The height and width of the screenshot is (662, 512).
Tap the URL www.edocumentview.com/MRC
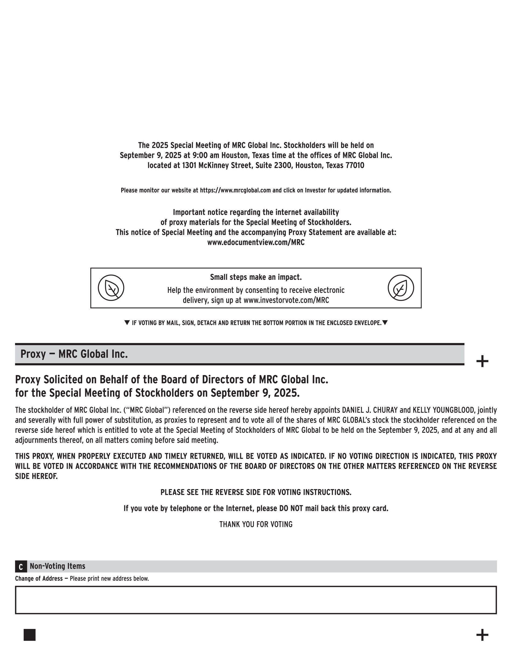(256, 243)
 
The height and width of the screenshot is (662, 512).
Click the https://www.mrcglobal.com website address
(235, 190)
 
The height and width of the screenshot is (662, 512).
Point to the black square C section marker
(21, 566)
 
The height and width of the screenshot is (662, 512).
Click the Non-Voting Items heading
(57, 566)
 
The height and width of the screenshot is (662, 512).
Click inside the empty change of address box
(256, 600)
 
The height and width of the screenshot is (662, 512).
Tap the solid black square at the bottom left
(30, 635)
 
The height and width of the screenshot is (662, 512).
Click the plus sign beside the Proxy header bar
(482, 361)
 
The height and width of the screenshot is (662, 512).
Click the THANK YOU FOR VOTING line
(256, 525)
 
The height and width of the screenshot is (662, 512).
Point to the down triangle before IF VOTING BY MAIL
(127, 323)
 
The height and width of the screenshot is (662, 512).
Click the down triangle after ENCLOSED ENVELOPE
(385, 323)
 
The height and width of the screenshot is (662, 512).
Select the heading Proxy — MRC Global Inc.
(74, 354)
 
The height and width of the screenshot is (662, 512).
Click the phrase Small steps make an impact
(256, 277)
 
